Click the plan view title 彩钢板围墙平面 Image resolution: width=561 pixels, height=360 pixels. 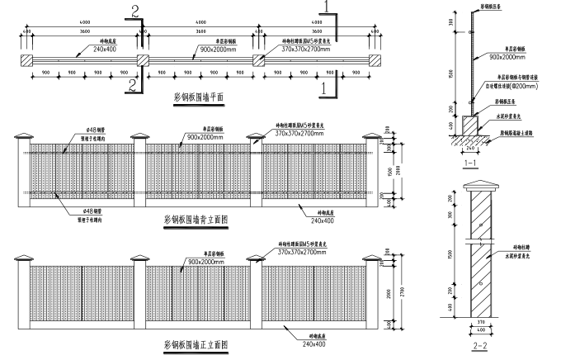coord(199,97)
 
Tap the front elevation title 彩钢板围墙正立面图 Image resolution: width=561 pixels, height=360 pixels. coord(196,344)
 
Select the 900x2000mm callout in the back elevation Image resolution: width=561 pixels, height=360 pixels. coord(205,136)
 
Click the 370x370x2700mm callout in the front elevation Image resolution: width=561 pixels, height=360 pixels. coord(305,253)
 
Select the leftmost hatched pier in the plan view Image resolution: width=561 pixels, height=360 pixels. coord(27,60)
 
